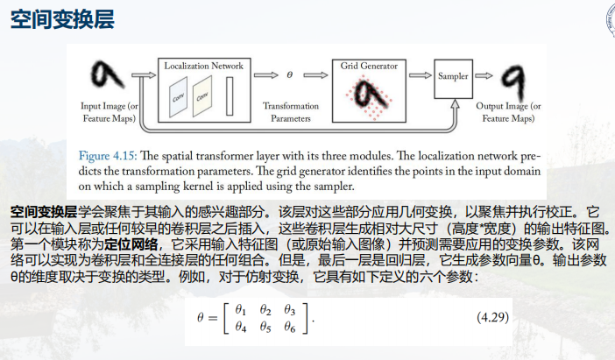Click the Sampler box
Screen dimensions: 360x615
453,76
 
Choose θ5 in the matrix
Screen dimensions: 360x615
266,328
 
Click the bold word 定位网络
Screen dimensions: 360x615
132,244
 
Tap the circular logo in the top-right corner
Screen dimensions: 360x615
608,19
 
